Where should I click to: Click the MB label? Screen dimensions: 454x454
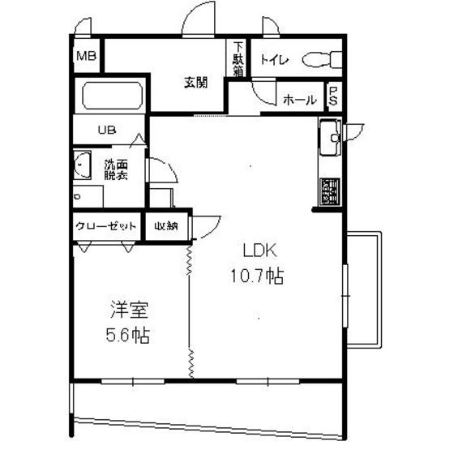pos(86,56)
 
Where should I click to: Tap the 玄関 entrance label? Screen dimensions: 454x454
pos(196,83)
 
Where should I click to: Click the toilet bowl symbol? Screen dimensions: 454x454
pos(322,60)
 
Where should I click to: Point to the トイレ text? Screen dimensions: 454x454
pos(275,60)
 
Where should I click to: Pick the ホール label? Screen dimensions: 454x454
pos(300,101)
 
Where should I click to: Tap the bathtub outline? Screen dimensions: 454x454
pos(113,96)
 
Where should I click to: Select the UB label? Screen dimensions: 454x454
pos(107,130)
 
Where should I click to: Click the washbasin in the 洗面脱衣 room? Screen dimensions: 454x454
pos(82,165)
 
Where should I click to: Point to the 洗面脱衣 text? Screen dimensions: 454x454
pos(116,170)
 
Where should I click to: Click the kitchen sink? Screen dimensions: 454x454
pos(331,138)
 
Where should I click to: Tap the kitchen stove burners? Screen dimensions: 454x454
pos(330,191)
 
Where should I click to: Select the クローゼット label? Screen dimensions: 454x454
pos(105,226)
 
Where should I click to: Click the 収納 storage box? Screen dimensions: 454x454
pos(166,226)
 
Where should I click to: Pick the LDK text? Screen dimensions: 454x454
pos(259,251)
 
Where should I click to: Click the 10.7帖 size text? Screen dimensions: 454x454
pos(257,276)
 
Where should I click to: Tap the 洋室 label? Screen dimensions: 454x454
pos(130,310)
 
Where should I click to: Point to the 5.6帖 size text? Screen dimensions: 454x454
pos(128,336)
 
